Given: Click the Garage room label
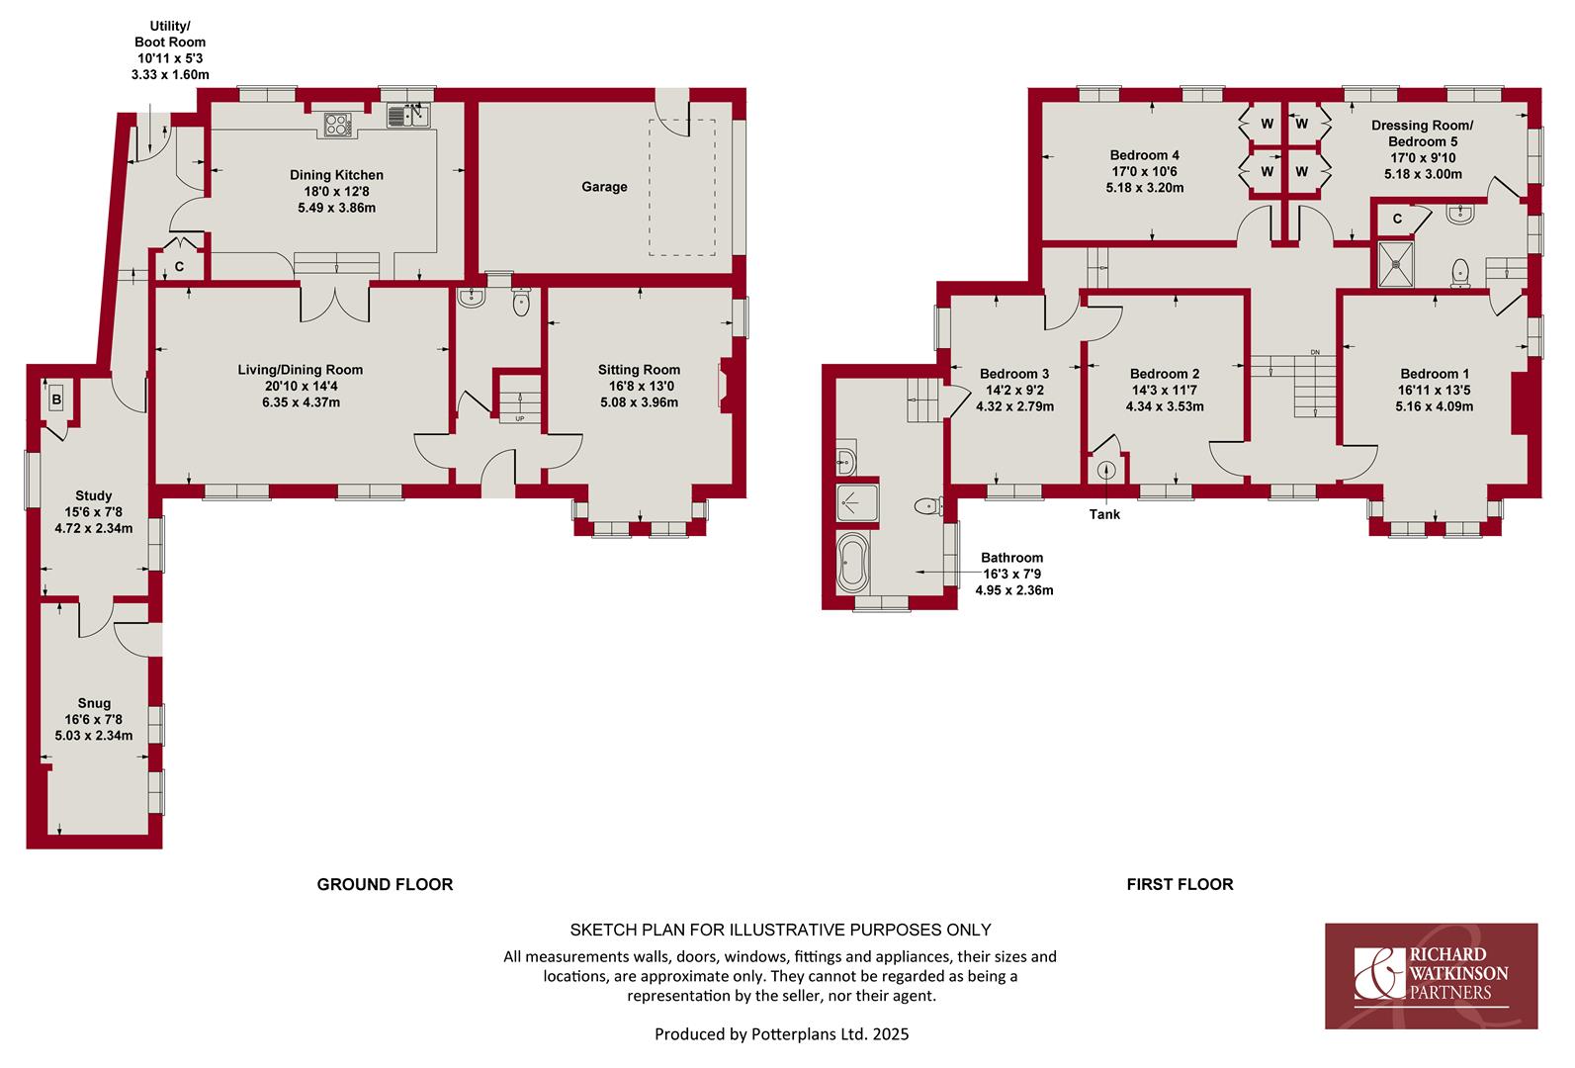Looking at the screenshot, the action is (604, 186).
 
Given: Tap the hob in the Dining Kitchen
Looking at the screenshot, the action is (337, 126).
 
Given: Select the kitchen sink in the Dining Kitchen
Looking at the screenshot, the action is (407, 116).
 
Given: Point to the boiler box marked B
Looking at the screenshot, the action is (57, 400).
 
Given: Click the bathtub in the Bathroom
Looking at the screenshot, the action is (853, 563).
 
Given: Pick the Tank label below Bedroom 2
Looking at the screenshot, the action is (1104, 514).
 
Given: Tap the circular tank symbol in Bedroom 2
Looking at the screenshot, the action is (1106, 470).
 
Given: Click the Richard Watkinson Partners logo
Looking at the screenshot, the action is (1431, 976).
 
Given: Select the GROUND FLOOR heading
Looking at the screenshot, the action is (385, 884).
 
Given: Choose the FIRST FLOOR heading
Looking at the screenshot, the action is (1180, 884).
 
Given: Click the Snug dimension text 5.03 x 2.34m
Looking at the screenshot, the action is (94, 736).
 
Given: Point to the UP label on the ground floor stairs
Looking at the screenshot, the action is (520, 419).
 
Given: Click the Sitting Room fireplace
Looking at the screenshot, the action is (723, 385).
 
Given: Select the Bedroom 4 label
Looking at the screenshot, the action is (1144, 155).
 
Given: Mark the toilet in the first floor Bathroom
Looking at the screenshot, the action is (929, 505).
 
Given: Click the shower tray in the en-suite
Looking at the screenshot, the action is (1395, 264).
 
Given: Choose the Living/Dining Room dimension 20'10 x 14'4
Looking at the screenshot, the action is (301, 386).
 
